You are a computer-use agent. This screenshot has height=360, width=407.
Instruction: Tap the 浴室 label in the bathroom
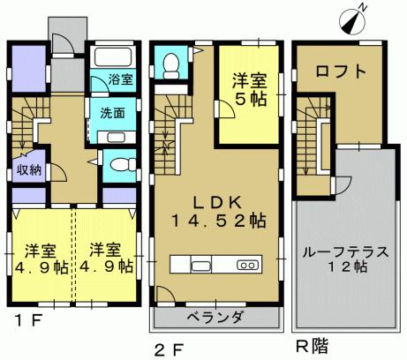pos(121,79)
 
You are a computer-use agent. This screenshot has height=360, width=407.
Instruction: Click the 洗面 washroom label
pos(111,113)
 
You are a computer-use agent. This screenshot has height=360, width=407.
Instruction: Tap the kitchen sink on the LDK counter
pos(200,265)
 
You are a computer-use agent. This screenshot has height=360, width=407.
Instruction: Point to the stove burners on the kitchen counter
pos(246,265)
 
